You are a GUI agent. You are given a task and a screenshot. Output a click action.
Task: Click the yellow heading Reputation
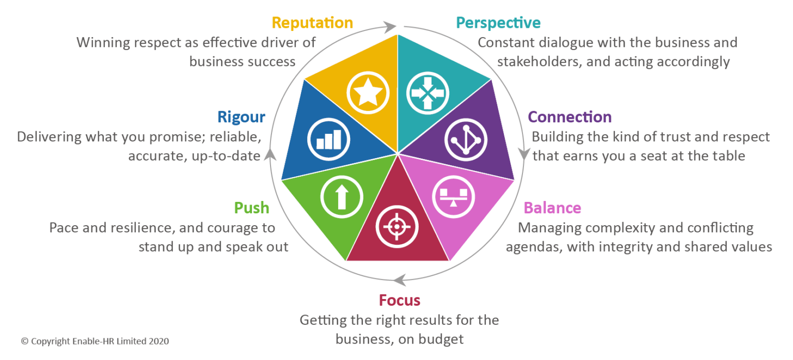312,23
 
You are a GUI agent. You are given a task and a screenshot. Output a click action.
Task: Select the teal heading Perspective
498,23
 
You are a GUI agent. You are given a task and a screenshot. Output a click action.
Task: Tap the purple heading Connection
570,117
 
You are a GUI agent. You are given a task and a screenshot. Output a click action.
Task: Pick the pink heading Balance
552,208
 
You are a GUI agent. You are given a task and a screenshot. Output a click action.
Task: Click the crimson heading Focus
399,300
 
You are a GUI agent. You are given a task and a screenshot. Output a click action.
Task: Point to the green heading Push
252,208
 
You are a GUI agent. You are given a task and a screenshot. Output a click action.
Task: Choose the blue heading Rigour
241,117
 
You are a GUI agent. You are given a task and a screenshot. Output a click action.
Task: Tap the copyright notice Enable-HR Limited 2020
94,341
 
